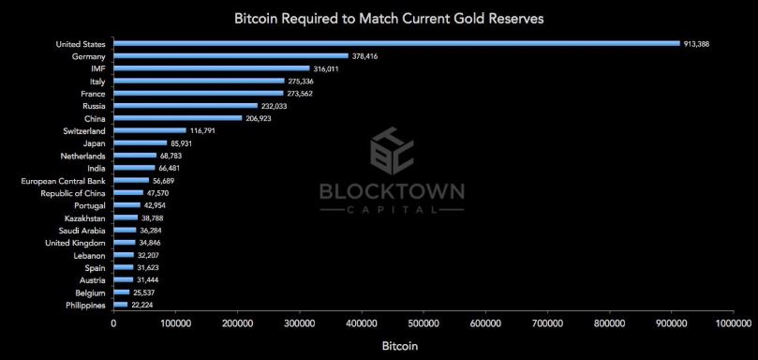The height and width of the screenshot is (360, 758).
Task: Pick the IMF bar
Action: pyautogui.click(x=211, y=68)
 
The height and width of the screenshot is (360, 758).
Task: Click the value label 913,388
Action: pyautogui.click(x=699, y=43)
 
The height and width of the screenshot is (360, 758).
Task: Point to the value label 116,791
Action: pyautogui.click(x=202, y=131)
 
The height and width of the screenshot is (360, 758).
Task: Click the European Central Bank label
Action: pyautogui.click(x=63, y=180)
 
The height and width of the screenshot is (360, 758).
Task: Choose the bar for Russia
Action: pyautogui.click(x=186, y=106)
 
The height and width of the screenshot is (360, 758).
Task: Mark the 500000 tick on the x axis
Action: pyautogui.click(x=424, y=323)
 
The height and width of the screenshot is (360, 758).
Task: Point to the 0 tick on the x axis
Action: pyautogui.click(x=114, y=323)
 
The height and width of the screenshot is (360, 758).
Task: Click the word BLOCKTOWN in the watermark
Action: pyautogui.click(x=392, y=191)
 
